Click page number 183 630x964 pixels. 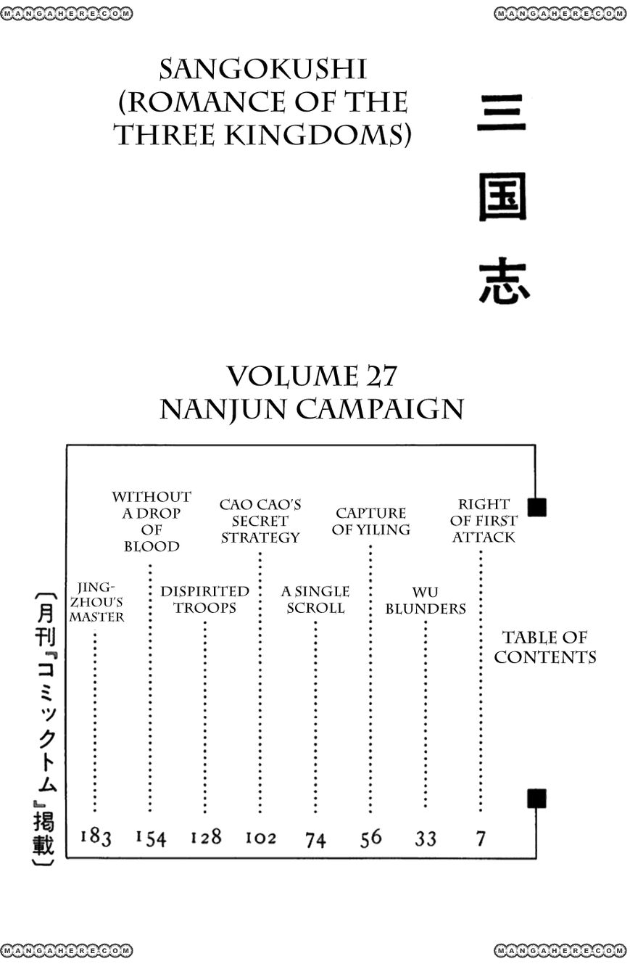96,837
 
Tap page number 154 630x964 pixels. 151,838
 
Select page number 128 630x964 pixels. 206,837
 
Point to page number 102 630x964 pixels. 260,838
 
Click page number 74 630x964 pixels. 315,839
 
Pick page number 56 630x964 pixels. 370,838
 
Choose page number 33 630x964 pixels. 426,839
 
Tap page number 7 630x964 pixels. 481,839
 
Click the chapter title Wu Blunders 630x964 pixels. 426,601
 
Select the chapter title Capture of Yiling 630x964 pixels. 370,521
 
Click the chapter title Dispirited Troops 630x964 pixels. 205,599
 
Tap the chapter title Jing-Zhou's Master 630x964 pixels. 96,602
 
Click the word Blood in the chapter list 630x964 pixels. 152,546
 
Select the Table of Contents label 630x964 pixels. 545,647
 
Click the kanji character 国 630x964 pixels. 502,197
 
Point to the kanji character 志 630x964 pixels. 504,281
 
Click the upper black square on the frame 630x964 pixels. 536,507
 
